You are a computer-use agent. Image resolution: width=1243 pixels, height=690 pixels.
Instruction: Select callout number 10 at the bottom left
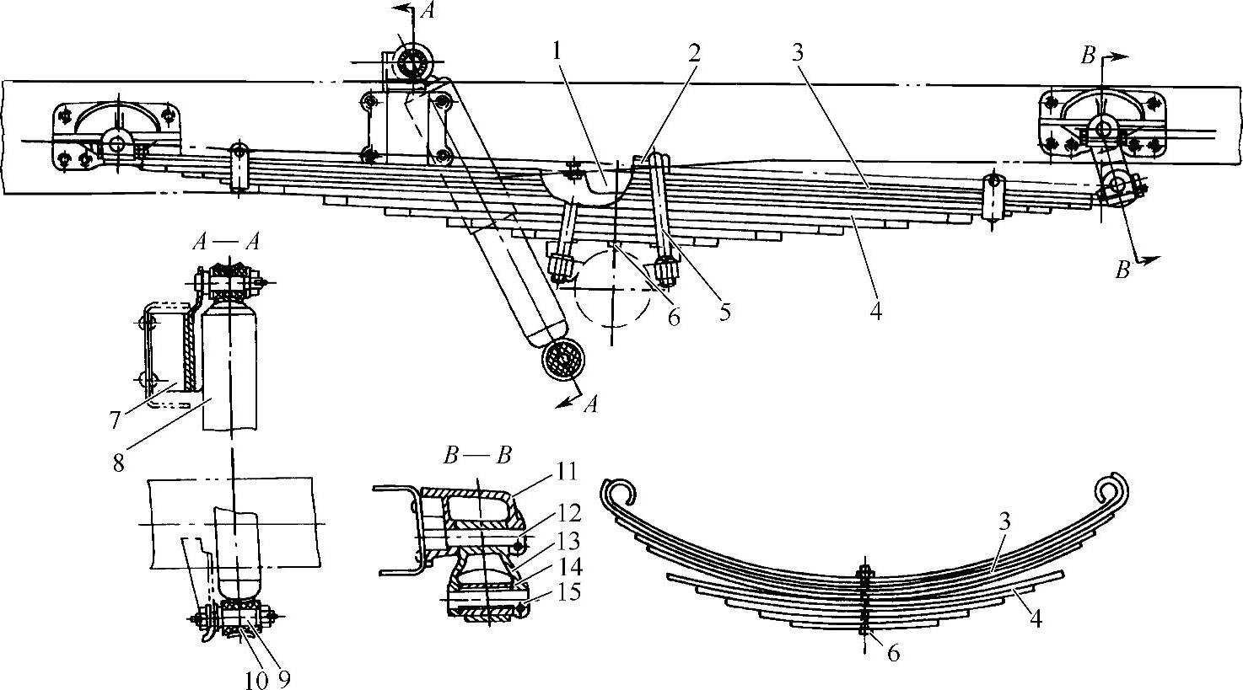pyautogui.click(x=256, y=678)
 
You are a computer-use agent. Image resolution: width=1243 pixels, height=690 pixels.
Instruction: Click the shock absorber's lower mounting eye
pyautogui.click(x=562, y=359)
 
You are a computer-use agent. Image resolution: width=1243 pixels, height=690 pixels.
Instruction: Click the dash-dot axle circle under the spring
pyautogui.click(x=613, y=286)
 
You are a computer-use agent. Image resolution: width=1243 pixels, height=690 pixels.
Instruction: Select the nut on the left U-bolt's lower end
pyautogui.click(x=560, y=267)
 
